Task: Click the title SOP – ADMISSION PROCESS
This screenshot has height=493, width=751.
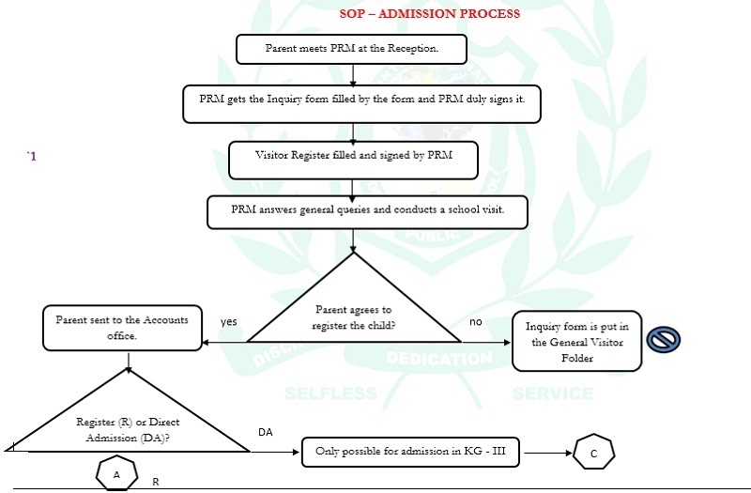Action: (x=430, y=14)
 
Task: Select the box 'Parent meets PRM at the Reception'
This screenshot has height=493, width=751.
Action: (x=352, y=49)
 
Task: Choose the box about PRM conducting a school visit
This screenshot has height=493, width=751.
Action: (x=367, y=211)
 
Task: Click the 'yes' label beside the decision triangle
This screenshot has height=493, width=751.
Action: (x=229, y=321)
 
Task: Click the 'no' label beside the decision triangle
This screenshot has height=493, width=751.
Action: (x=476, y=321)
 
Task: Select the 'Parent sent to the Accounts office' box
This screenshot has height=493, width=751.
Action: (x=122, y=328)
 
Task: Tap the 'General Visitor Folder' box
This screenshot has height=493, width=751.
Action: (x=576, y=340)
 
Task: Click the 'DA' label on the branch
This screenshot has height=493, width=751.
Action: (x=266, y=432)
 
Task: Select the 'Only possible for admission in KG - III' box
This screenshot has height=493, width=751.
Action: (x=412, y=452)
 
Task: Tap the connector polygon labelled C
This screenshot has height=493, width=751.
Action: (x=593, y=454)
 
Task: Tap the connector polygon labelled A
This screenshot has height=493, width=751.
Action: (x=116, y=473)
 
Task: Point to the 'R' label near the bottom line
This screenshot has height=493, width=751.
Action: (x=156, y=481)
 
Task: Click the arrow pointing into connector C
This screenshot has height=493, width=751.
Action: (x=548, y=453)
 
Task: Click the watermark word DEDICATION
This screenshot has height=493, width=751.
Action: (x=438, y=359)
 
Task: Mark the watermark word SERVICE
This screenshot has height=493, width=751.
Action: (x=553, y=393)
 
